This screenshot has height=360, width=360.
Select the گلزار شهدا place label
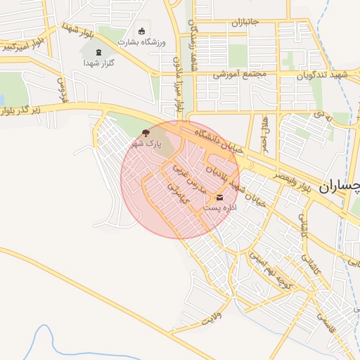(x=98, y=63)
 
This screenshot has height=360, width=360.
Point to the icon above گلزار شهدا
(x=98, y=52)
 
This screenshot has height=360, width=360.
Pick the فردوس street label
(x=61, y=88)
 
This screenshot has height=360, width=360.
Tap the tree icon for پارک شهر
(x=146, y=132)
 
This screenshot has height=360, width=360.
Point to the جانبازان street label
(x=245, y=22)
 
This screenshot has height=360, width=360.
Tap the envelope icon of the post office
(x=220, y=198)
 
